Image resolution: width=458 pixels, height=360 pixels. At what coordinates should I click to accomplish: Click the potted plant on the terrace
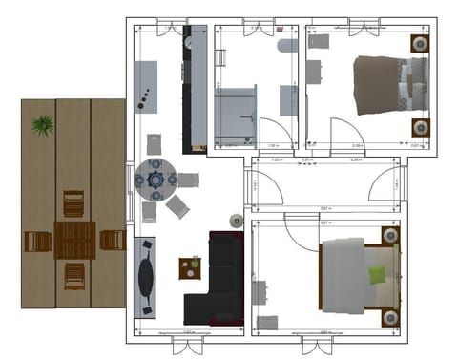pyautogui.click(x=42, y=125)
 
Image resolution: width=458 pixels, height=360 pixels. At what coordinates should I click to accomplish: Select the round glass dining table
pyautogui.click(x=155, y=178)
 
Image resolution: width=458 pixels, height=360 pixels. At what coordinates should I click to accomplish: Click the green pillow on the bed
pyautogui.click(x=377, y=276)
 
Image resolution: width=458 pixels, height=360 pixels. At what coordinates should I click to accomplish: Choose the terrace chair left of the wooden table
pyautogui.click(x=38, y=242)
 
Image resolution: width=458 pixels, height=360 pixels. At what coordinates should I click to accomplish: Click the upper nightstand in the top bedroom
pyautogui.click(x=418, y=44)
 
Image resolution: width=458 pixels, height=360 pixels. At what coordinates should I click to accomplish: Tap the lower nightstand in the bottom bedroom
pyautogui.click(x=389, y=316)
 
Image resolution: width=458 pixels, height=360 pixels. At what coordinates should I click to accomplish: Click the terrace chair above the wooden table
pyautogui.click(x=73, y=203)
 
